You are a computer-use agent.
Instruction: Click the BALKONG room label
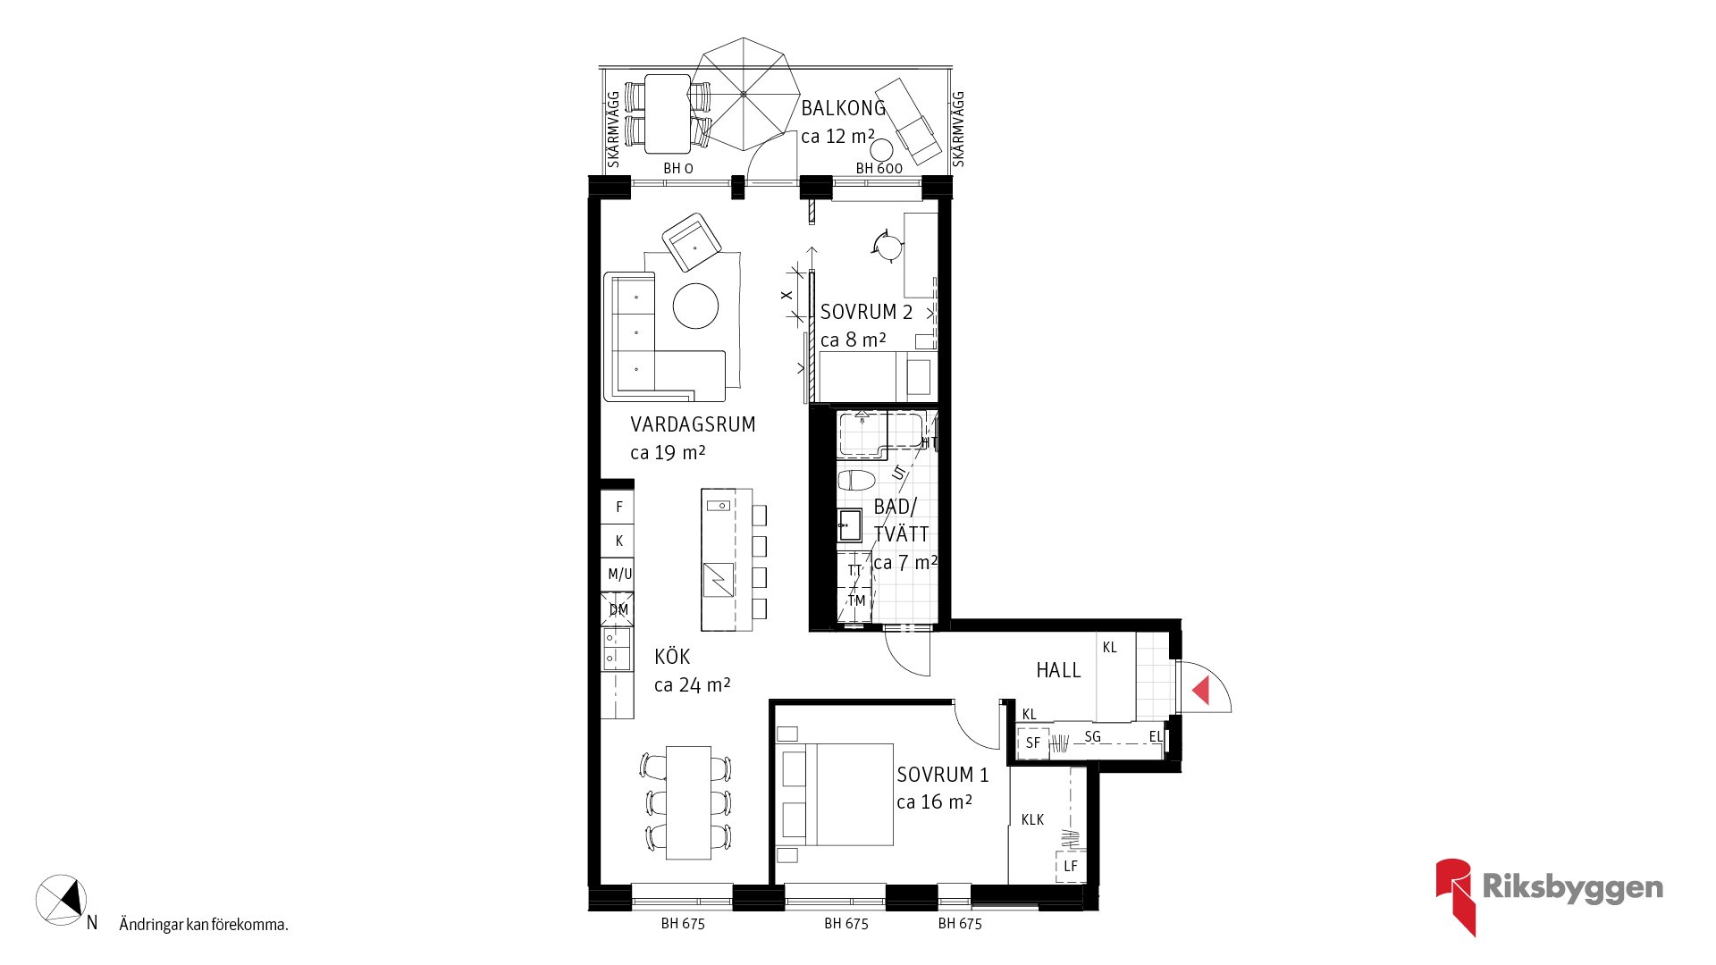[x=843, y=108]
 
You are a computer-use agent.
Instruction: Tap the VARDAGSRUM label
[x=693, y=424]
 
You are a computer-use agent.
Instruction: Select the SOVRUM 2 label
[x=866, y=312]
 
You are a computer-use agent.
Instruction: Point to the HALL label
[x=1058, y=670]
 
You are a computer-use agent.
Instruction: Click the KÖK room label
[x=672, y=657]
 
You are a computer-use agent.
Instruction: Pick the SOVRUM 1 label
[x=943, y=775]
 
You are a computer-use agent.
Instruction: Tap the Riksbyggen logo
[x=1549, y=896]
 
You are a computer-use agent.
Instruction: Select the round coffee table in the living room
[x=695, y=306]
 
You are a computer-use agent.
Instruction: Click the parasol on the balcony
[x=744, y=94]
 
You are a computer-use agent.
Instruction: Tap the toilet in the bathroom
[x=856, y=481]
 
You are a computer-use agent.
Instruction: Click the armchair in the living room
[x=692, y=242]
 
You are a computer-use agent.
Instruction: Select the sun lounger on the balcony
[x=908, y=122]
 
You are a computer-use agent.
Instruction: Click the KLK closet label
[x=1032, y=819]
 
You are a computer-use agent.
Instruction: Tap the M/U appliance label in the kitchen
[x=619, y=575]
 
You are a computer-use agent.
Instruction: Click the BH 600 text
[x=879, y=168]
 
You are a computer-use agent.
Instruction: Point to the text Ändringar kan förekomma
[x=204, y=925]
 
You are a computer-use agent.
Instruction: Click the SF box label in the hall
[x=1033, y=743]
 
